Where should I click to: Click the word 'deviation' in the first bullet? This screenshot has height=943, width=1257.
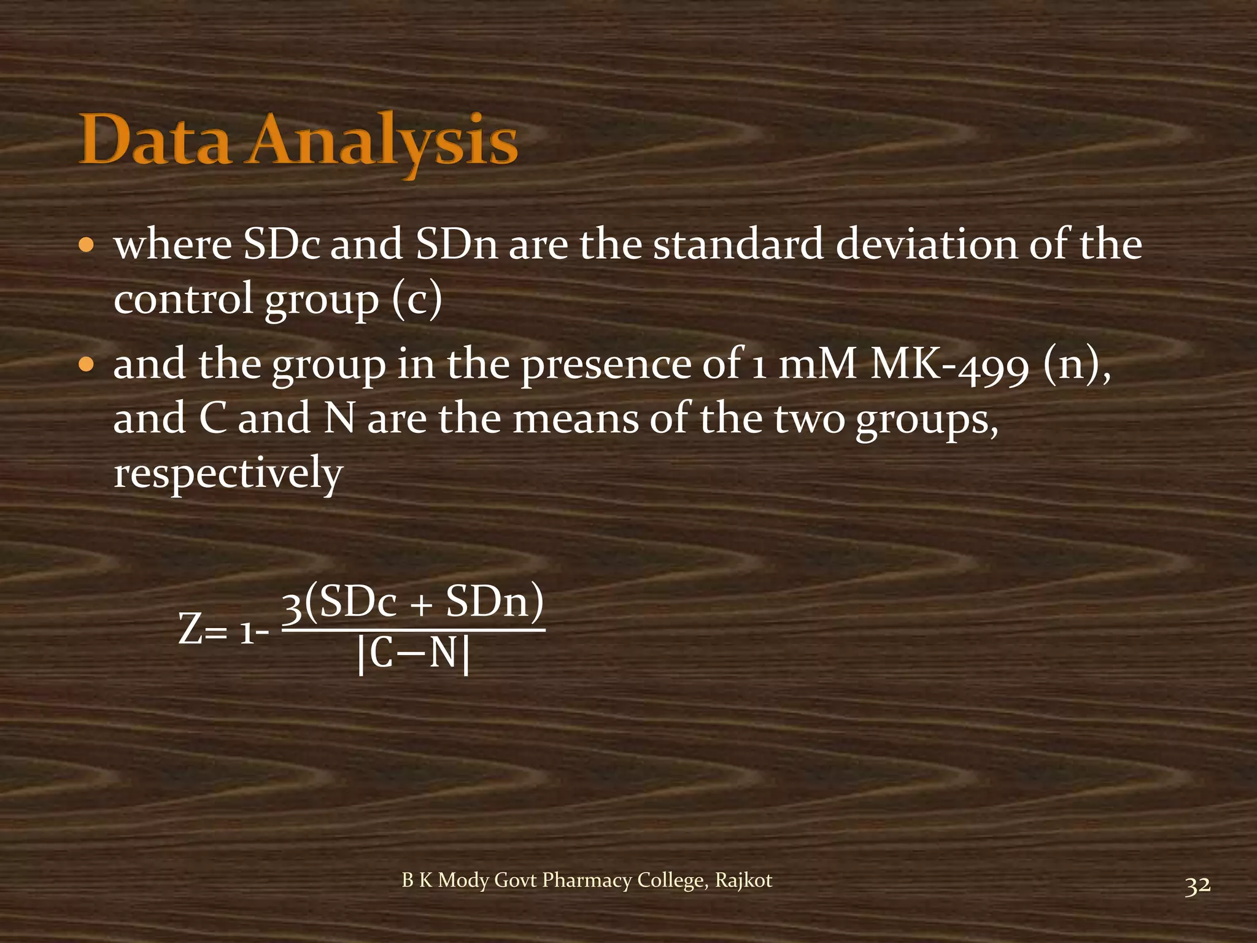tap(926, 244)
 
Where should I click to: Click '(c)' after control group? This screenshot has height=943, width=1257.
tap(417, 299)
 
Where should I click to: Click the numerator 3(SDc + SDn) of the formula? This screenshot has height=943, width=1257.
tap(413, 602)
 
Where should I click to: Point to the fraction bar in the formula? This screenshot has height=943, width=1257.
tap(413, 629)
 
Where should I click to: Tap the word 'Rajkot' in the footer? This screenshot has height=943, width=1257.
tap(743, 880)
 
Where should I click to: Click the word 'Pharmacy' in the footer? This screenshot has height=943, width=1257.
tap(586, 880)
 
